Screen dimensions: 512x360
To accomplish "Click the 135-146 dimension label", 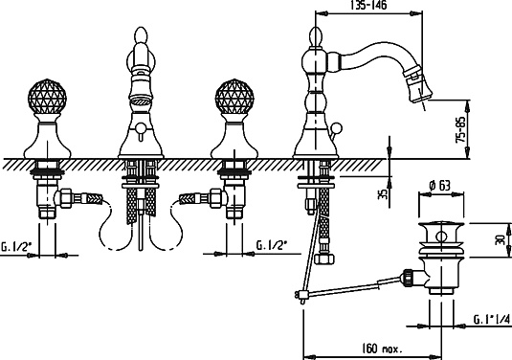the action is click(368, 5).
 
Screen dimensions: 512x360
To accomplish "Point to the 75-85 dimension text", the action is click(460, 129).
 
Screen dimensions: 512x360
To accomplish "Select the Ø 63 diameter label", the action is click(440, 186).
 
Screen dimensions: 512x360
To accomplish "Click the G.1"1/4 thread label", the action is click(492, 319).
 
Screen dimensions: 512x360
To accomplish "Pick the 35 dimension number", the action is click(384, 194).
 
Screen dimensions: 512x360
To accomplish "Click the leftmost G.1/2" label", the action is click(13, 246).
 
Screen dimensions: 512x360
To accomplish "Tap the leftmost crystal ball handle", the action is click(47, 97).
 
